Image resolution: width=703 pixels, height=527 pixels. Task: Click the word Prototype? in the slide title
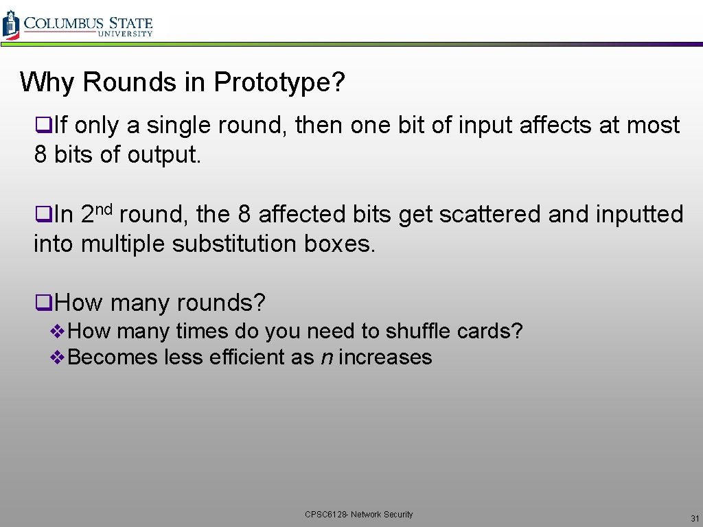pos(279,83)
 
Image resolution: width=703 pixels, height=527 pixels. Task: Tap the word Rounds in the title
pos(130,83)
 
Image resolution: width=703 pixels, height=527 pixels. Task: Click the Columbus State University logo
pos(77,25)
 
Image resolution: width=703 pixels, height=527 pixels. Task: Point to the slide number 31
pos(695,518)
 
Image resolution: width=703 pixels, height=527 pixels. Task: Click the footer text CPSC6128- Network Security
pos(359,515)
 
